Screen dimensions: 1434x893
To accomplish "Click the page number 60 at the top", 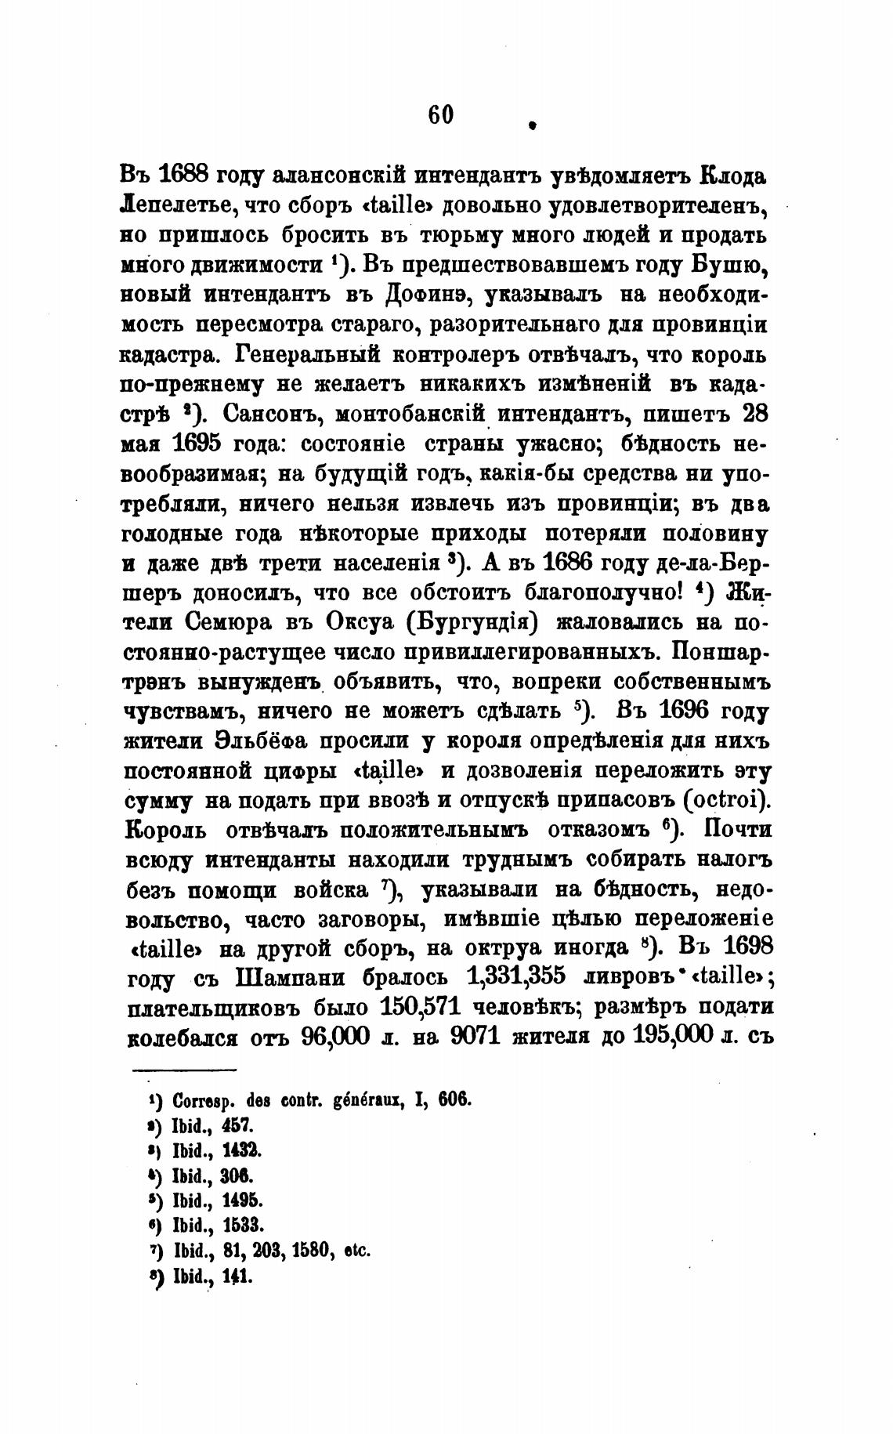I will click(x=441, y=115).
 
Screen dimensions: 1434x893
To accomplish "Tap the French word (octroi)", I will click(x=728, y=800).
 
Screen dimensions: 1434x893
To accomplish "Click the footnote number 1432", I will click(x=244, y=1150).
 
